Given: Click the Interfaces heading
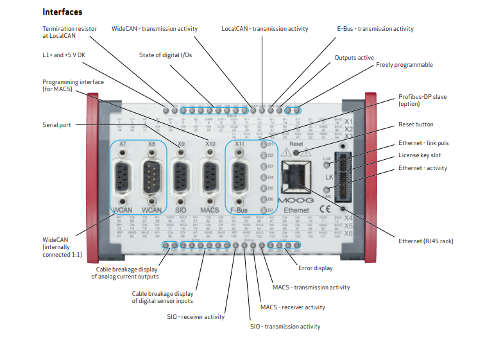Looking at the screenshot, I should (x=62, y=12).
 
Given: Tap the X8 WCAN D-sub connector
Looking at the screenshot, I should (x=151, y=177).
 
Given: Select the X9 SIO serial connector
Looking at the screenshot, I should (x=182, y=177).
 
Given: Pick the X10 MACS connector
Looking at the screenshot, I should (x=210, y=177).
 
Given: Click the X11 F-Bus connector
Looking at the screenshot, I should (x=240, y=177).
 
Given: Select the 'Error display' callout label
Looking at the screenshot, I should (x=315, y=268).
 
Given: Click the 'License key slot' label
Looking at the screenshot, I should (x=420, y=155).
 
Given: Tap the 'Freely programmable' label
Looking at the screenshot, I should (x=404, y=65).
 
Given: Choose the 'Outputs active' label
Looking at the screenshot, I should (x=354, y=58).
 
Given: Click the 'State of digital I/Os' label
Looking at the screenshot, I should (x=165, y=55).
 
